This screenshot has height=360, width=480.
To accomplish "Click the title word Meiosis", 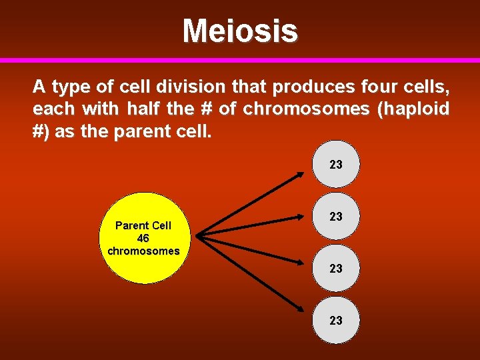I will (240, 31).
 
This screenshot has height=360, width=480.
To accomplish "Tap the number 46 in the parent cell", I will (143, 238).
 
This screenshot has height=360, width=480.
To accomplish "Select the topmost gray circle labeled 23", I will (336, 164).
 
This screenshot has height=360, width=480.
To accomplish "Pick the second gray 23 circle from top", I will (336, 217).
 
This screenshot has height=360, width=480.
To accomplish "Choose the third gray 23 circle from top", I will (336, 268).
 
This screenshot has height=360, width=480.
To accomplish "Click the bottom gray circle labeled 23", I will (336, 320).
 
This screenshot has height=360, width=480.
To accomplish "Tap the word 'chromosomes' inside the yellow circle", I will (143, 251).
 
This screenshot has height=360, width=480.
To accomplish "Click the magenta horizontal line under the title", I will (240, 60).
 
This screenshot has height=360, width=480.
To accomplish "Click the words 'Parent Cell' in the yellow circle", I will (143, 225).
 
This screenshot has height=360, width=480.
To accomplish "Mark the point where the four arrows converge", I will (199, 235).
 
